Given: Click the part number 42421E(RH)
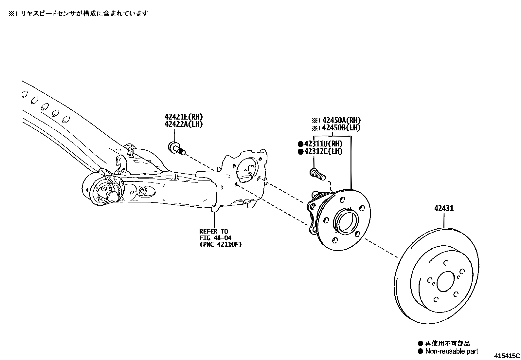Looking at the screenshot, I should pos(183,117).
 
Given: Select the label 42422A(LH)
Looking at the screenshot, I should pos(183,124).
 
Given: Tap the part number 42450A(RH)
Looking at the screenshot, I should pos(341,121).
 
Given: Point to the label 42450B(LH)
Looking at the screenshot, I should pos(341,128).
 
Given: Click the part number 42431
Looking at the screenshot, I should pos(444,208).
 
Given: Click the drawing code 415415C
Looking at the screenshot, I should pos(507,355).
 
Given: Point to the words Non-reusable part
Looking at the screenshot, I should pos(451,351).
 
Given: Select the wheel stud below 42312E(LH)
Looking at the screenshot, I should pos(317,174).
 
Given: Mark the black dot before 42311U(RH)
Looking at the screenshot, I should pos(300,144).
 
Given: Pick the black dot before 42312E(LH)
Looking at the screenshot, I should pos(300,151).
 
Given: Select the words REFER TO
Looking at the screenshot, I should pos(214,231).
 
